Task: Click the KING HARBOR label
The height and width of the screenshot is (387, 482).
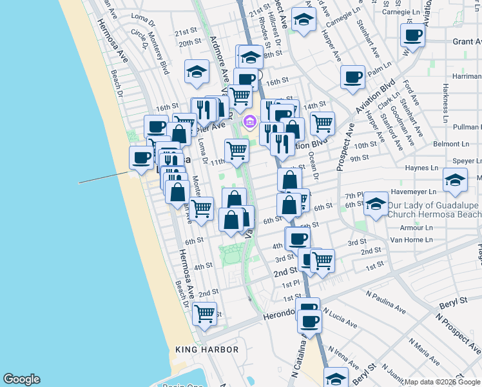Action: coord(207,350)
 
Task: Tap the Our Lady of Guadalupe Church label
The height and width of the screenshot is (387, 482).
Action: coord(434,210)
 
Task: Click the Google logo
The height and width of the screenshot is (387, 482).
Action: coord(21,379)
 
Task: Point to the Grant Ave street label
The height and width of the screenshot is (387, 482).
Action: coord(467,41)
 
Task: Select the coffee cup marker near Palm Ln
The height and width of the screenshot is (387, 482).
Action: coord(352,77)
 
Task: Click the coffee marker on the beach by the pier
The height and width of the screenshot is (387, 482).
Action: coord(141,157)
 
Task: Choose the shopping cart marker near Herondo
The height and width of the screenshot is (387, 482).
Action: coord(205,313)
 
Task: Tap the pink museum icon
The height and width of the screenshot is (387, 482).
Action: coord(249,121)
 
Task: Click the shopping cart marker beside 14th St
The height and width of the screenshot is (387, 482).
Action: coord(322,122)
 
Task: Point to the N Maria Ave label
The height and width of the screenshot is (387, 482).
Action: coord(427,350)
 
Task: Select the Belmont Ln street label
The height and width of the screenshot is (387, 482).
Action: coord(450,144)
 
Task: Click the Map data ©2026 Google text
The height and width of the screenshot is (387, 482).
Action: coord(442,382)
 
